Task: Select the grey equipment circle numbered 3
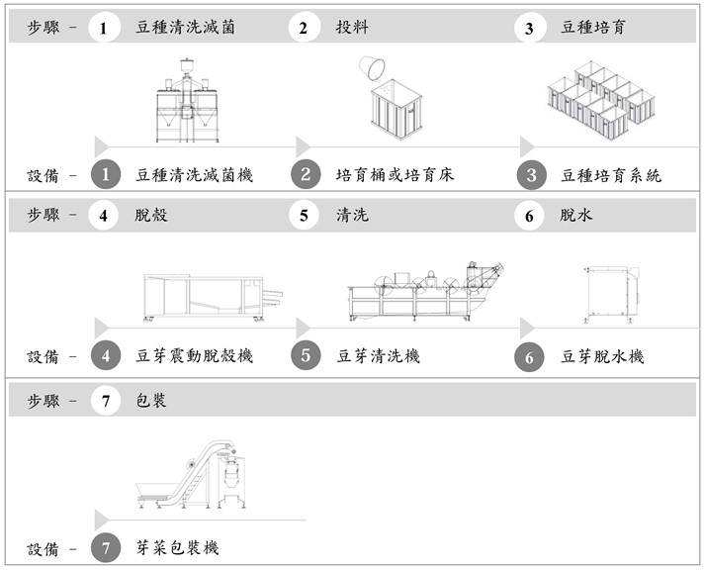tap(530, 175)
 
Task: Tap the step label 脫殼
tap(151, 214)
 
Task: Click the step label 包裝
tap(151, 401)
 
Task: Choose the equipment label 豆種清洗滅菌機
tap(194, 175)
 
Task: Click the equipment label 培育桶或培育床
tap(395, 175)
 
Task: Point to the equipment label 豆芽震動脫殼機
tap(194, 355)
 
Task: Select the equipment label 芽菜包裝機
tap(177, 546)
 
